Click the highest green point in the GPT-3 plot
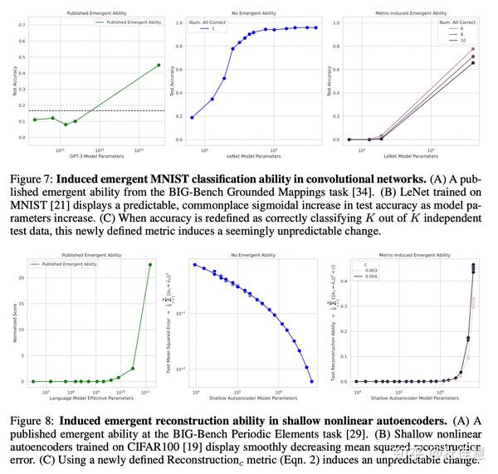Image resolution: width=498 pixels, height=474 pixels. [x=159, y=65]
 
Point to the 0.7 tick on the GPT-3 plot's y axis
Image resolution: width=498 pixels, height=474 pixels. [x=22, y=25]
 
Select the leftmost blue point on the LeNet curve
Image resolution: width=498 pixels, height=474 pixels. [x=193, y=117]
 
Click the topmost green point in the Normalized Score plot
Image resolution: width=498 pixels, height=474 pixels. [x=150, y=265]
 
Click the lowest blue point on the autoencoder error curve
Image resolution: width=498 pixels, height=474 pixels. [x=313, y=381]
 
